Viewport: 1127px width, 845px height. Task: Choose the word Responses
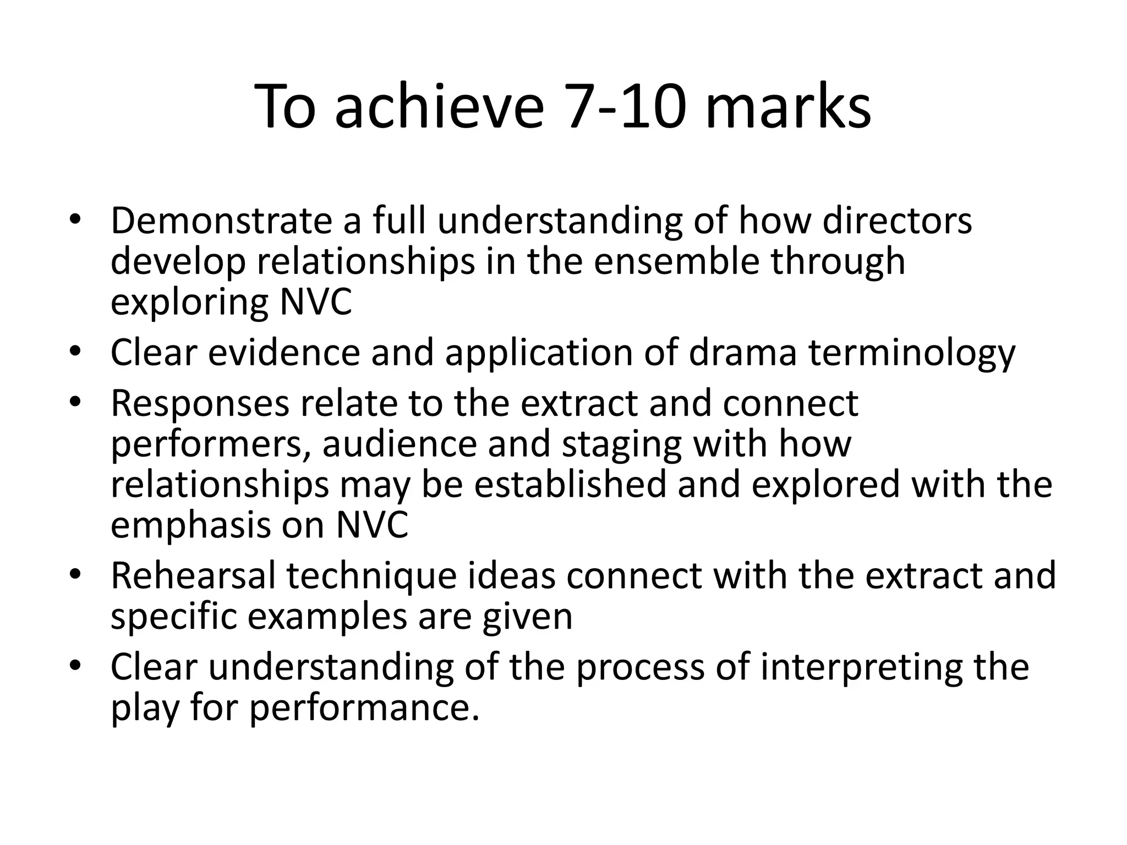[200, 403]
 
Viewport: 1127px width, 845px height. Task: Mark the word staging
[621, 444]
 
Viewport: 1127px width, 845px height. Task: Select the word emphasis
[190, 525]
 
